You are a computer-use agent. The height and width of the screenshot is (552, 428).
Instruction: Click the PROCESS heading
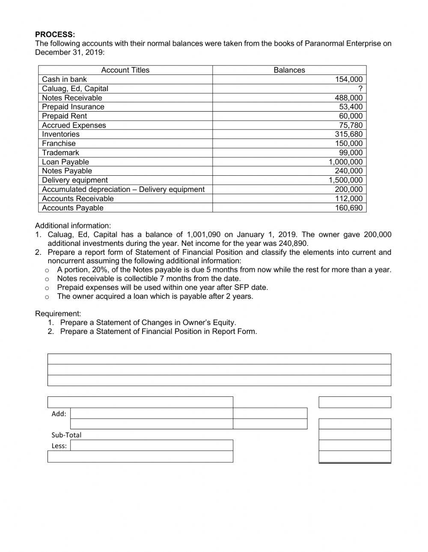[55, 34]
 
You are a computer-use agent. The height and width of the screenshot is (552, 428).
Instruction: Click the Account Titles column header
[125, 70]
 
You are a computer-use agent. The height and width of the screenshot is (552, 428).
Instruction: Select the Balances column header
[289, 70]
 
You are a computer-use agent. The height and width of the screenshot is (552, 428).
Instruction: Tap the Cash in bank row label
[64, 79]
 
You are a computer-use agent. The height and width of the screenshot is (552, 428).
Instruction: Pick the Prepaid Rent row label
[64, 116]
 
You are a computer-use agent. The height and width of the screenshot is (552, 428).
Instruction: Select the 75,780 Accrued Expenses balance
[351, 125]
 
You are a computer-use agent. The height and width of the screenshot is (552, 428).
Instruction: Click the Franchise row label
[59, 143]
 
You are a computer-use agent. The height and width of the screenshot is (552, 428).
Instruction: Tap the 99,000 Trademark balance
[351, 153]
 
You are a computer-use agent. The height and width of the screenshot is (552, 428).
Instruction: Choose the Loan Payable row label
[65, 162]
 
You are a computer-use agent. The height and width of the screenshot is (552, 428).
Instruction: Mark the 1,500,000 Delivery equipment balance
[345, 180]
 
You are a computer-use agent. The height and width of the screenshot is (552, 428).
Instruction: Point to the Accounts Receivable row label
[78, 198]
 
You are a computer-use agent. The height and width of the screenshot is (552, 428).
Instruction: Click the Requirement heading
[58, 313]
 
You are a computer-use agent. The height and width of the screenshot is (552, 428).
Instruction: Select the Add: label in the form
[59, 413]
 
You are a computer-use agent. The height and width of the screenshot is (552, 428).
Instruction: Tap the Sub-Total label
[66, 435]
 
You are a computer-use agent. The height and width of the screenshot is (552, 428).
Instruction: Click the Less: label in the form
[59, 446]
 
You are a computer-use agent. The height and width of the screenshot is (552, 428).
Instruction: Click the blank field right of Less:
[152, 446]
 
